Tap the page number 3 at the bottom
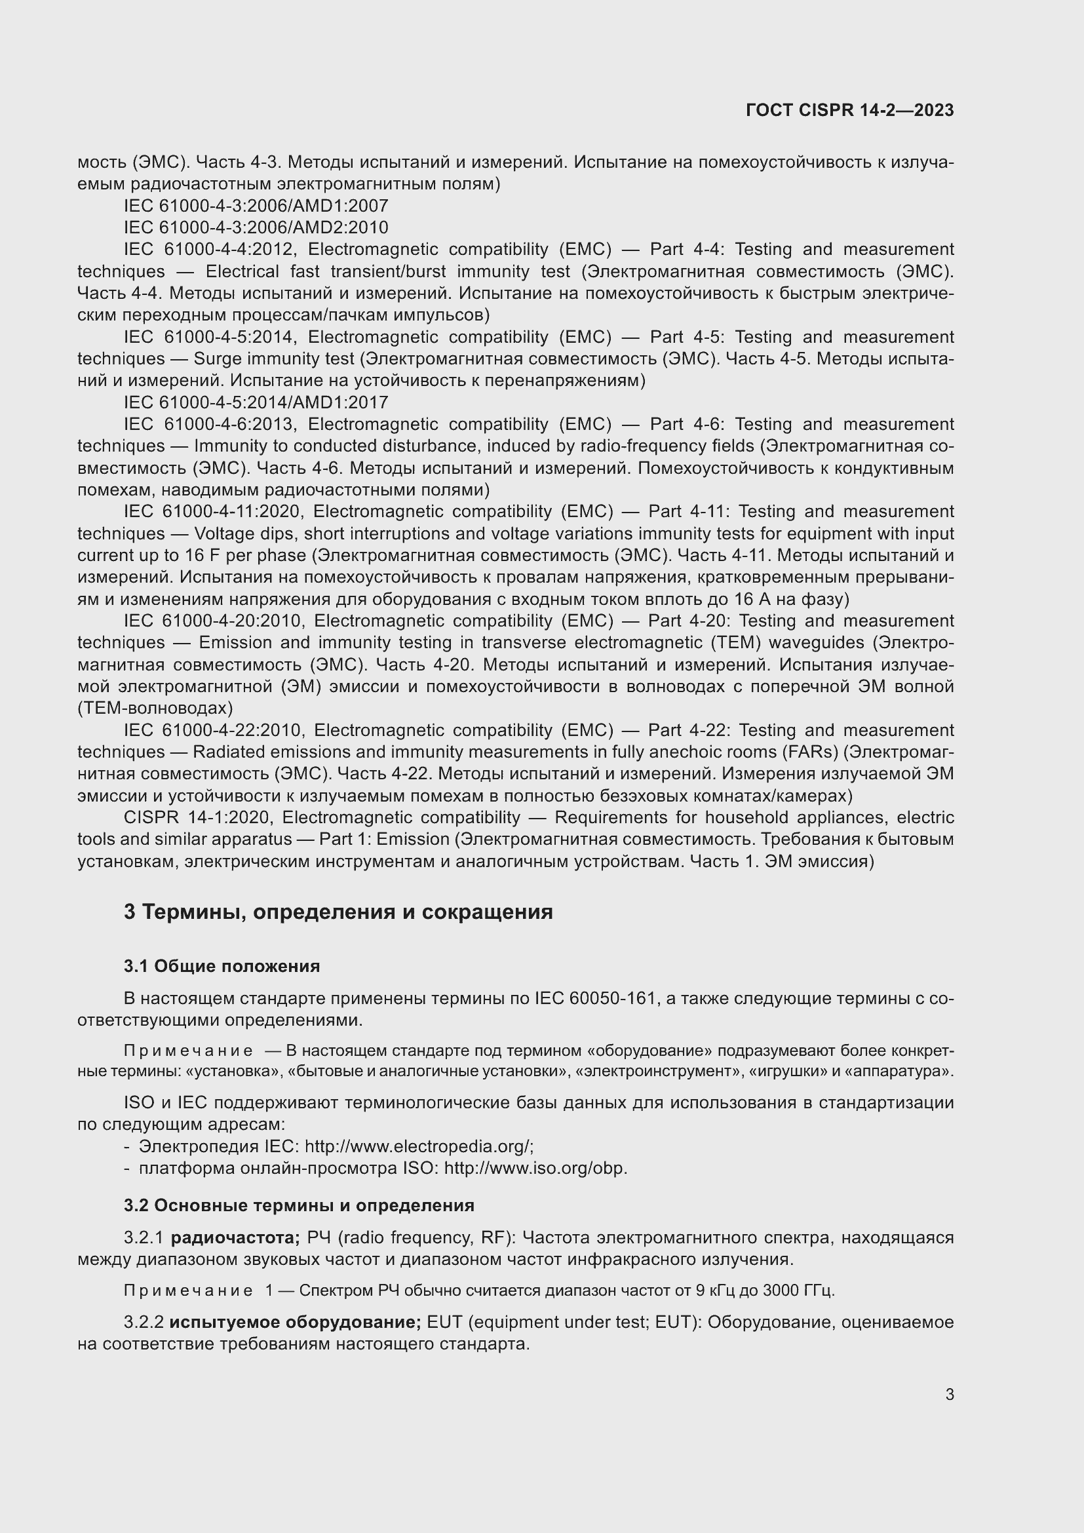(x=949, y=1394)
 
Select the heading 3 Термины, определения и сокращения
(x=338, y=912)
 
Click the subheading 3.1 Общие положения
(x=222, y=966)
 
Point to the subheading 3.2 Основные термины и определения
(x=298, y=1205)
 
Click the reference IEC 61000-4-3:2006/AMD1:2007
(x=256, y=206)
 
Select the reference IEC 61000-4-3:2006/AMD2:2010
(x=256, y=227)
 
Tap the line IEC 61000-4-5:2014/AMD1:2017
(x=256, y=402)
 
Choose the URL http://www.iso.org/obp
(x=535, y=1169)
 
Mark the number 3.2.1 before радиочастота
(x=144, y=1238)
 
